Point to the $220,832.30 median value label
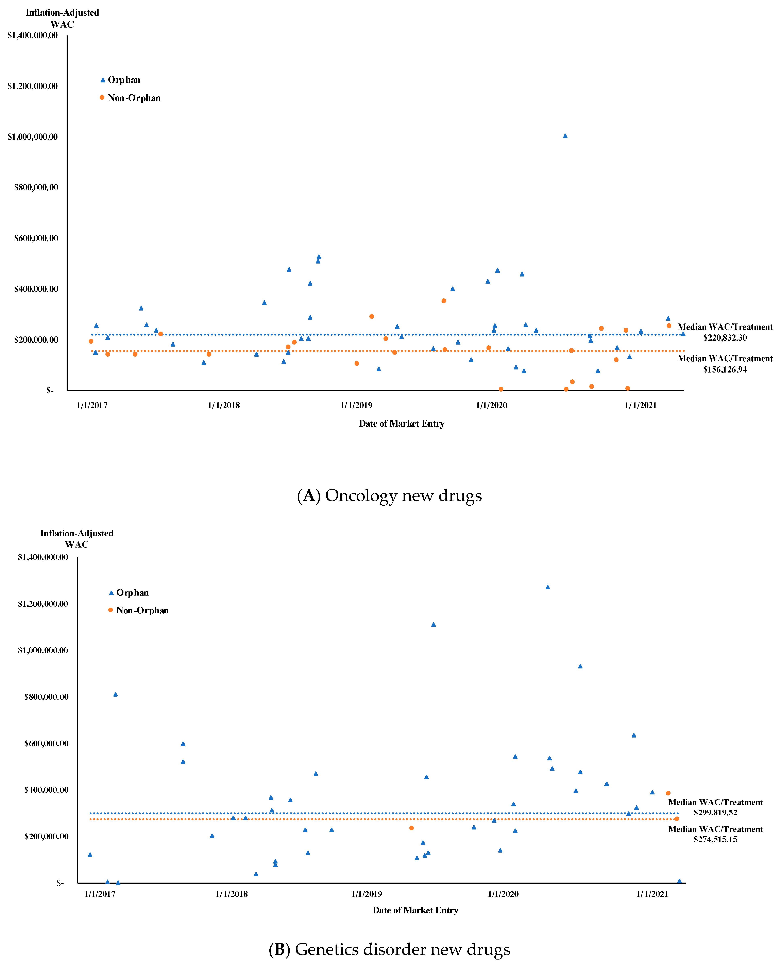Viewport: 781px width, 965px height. coord(725,338)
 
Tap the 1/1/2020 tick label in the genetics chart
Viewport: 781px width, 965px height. coord(503,894)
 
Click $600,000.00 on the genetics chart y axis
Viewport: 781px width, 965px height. coord(46,743)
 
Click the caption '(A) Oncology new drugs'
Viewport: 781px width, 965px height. coord(390,495)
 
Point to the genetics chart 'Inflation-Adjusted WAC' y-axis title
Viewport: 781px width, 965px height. coord(77,539)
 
